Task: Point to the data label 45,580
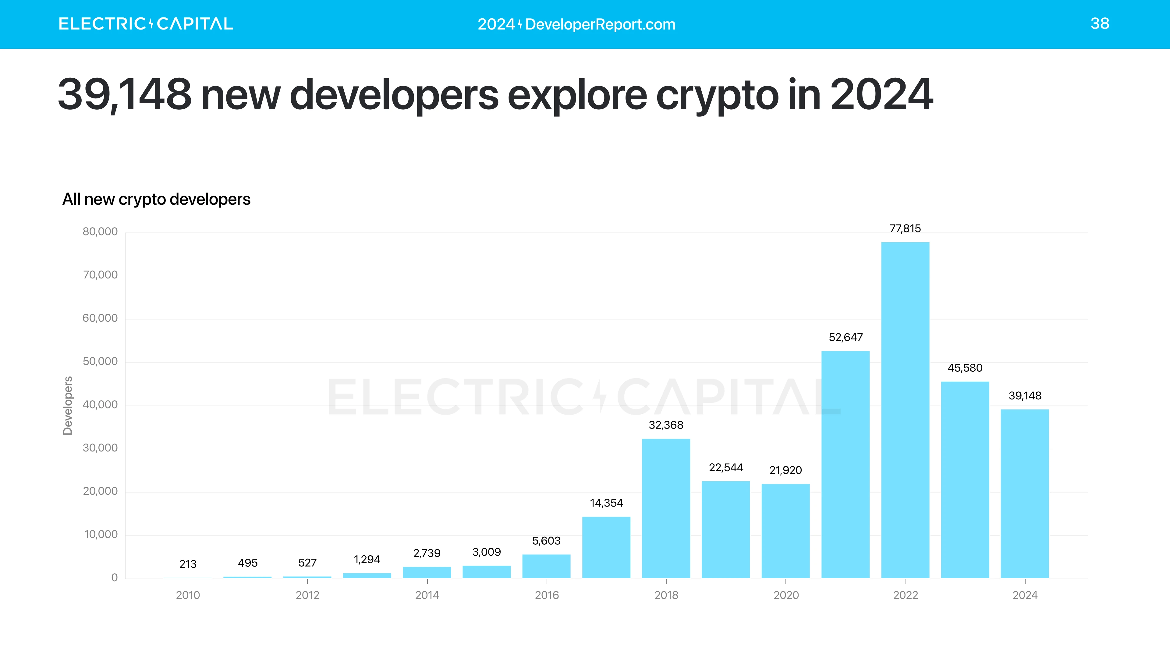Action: click(x=965, y=368)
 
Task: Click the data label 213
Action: click(x=188, y=564)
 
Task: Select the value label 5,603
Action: click(x=546, y=541)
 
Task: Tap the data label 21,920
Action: click(x=785, y=470)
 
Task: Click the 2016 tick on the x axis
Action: click(x=546, y=595)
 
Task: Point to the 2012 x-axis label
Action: click(x=307, y=595)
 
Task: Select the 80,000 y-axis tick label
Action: click(x=100, y=232)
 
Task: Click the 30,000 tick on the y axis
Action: click(x=100, y=448)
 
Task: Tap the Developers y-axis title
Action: click(x=68, y=405)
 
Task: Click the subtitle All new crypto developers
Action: click(x=156, y=199)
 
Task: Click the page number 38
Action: click(x=1100, y=24)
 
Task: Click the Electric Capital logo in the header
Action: click(x=145, y=24)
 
